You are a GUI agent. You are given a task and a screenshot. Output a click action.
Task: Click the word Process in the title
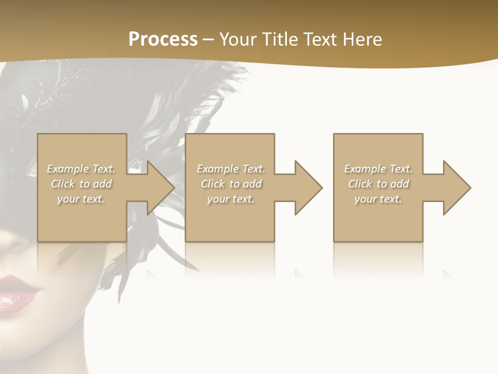(163, 39)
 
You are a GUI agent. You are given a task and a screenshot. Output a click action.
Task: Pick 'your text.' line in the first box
(81, 199)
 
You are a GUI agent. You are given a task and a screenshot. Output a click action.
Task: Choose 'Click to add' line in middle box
(231, 184)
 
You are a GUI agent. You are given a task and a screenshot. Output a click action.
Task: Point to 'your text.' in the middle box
(231, 199)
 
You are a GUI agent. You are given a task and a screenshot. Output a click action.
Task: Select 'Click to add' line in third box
(378, 184)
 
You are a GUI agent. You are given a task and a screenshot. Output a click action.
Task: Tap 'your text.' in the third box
(378, 199)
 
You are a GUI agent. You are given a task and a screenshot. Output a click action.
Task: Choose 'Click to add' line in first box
(81, 184)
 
